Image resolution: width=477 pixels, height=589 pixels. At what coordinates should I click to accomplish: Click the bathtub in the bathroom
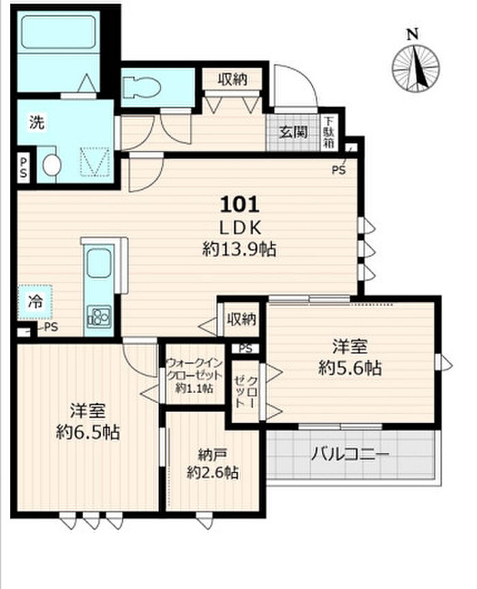click(58, 32)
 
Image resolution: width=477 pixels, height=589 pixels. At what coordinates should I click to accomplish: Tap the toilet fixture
click(142, 87)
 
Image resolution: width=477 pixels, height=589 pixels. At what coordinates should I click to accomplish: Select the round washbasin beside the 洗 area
click(52, 165)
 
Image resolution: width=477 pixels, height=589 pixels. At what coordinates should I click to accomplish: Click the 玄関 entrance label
click(293, 132)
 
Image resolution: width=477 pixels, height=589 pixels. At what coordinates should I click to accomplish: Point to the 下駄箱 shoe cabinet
click(329, 132)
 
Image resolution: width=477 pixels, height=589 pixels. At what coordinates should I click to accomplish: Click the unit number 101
click(240, 205)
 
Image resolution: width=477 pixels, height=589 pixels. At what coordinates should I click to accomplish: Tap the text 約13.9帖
click(240, 249)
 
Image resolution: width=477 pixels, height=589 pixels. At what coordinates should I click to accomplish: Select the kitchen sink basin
click(99, 264)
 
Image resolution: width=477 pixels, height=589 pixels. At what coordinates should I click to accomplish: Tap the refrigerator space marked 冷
click(35, 302)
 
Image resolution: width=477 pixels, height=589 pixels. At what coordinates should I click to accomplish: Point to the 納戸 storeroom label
click(212, 455)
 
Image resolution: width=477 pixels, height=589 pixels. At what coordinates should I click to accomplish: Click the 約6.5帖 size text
click(88, 433)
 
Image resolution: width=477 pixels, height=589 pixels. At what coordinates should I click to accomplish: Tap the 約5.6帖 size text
click(350, 368)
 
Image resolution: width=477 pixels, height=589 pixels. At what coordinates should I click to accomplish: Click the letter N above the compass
click(413, 35)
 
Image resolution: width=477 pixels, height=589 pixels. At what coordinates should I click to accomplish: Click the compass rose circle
click(416, 69)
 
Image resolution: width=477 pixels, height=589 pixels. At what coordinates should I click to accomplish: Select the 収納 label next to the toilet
click(232, 79)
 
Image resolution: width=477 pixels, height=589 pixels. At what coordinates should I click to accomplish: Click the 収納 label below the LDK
click(241, 319)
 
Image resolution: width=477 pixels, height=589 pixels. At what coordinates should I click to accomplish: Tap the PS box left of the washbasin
click(23, 168)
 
